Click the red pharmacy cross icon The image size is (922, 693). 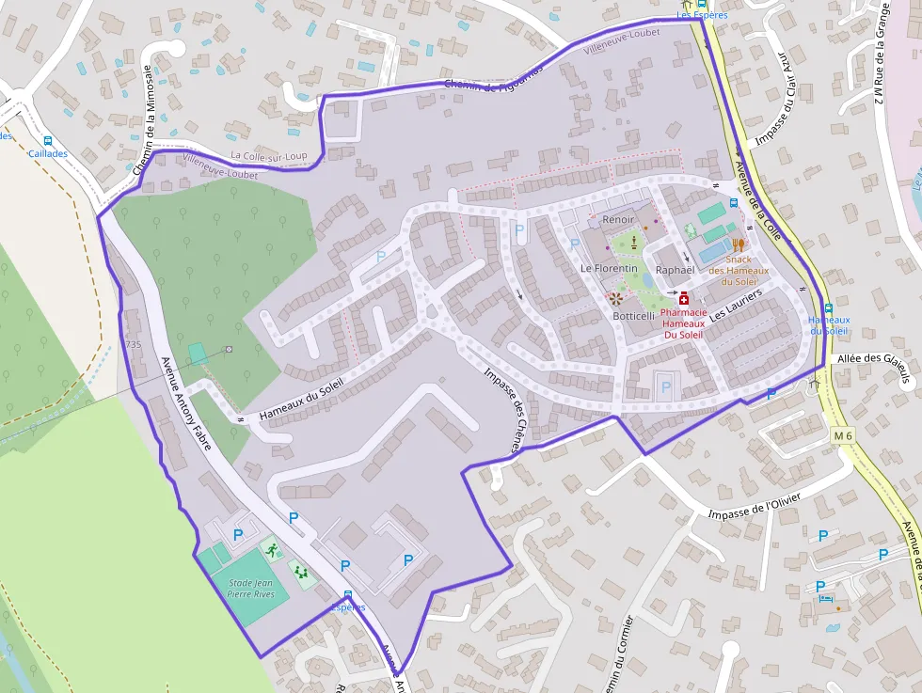(683, 298)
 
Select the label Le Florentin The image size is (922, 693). (609, 268)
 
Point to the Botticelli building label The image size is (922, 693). (633, 316)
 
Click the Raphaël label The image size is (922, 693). (675, 270)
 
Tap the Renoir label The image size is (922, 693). (618, 219)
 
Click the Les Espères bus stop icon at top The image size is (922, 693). (702, 4)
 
